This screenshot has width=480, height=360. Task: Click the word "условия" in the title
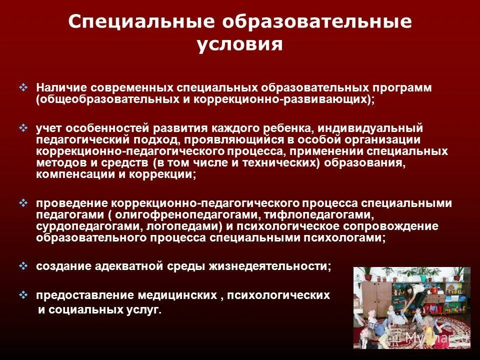click(240, 44)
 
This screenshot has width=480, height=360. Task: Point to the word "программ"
click(400, 87)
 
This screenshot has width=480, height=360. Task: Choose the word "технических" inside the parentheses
click(282, 163)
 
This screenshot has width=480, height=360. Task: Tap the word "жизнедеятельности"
click(278, 266)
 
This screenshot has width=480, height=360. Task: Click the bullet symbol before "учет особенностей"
click(23, 128)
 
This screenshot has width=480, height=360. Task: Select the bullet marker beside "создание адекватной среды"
click(23, 266)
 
